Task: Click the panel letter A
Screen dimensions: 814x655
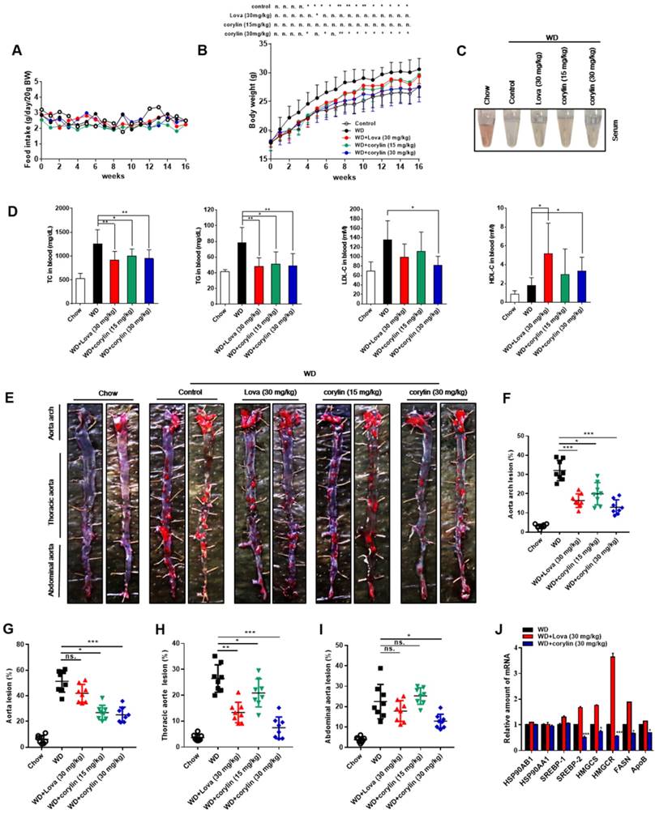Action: point(16,50)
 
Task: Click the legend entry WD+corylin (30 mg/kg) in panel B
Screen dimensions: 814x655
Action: point(380,152)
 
